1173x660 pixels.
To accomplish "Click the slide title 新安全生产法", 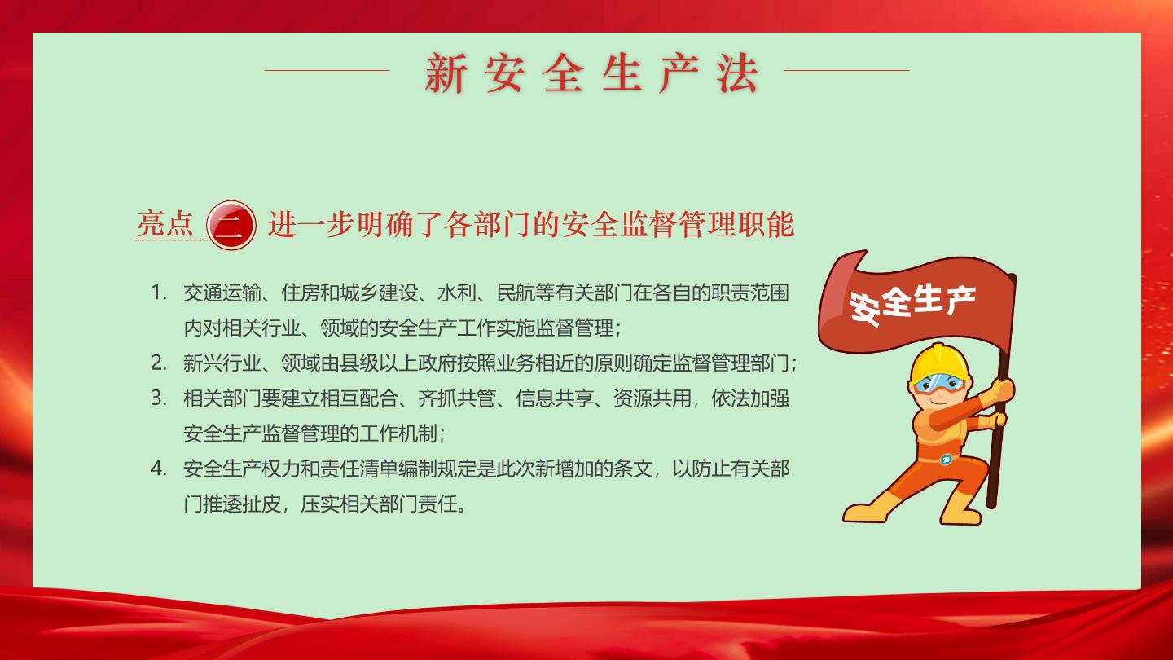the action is coord(591,73).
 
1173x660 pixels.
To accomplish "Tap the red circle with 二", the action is coord(231,225).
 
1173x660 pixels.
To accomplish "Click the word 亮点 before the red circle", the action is coord(165,223).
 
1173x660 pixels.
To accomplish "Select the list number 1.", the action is coord(158,293).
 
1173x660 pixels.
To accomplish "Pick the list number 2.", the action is coord(158,363).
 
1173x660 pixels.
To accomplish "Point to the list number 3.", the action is coord(158,398).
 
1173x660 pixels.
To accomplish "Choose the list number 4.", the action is coord(158,469).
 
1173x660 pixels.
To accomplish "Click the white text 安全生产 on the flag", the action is coord(912,306).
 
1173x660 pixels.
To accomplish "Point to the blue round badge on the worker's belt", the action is coord(946,460).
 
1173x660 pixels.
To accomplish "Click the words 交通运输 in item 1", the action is coord(222,293).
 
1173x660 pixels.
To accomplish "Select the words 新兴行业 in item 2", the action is coord(222,363).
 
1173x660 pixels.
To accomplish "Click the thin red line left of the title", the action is coord(327,70).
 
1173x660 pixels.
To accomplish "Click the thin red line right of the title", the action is coord(847,70).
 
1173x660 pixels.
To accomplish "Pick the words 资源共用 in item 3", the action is coord(652,398).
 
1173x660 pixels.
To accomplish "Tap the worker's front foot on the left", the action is coord(865,511).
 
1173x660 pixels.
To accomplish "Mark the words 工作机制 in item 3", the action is coord(398,433).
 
